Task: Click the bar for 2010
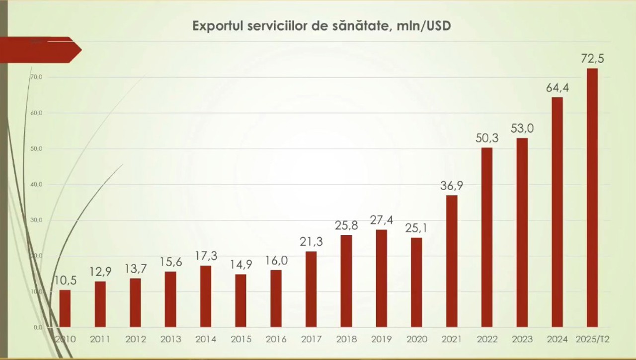65,308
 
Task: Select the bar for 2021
452,261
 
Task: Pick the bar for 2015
240,300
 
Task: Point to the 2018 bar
346,281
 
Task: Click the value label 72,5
592,59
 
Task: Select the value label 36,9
452,186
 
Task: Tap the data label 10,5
65,281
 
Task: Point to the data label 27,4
382,220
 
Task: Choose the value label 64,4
557,88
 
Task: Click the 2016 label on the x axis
276,340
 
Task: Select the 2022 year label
487,340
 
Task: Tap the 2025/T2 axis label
592,340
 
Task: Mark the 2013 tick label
170,340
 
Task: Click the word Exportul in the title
218,26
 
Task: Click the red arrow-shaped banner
40,50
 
